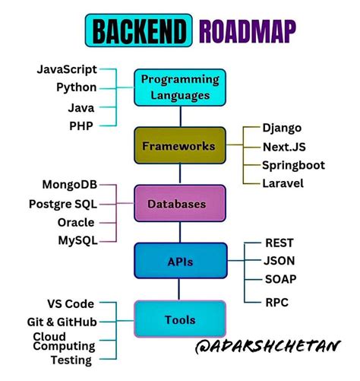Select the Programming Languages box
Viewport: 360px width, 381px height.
coord(180,87)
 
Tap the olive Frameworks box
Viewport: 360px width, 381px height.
coord(180,145)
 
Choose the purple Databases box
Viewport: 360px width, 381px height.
coord(180,204)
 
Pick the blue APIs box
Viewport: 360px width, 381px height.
coord(180,262)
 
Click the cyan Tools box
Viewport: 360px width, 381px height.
coord(180,320)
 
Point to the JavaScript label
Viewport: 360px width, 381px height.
coord(66,69)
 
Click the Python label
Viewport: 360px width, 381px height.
coord(76,87)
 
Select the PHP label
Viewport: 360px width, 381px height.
coord(81,125)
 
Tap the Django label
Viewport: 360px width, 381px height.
coord(283,128)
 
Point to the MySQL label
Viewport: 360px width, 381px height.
coord(76,241)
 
